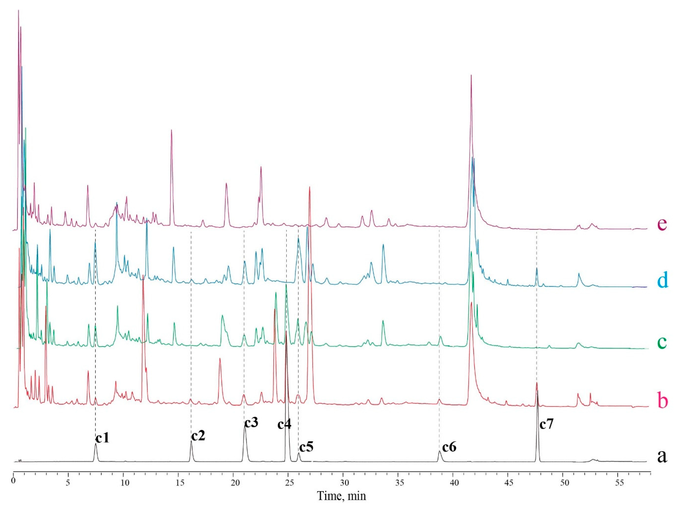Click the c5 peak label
(306, 448)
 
